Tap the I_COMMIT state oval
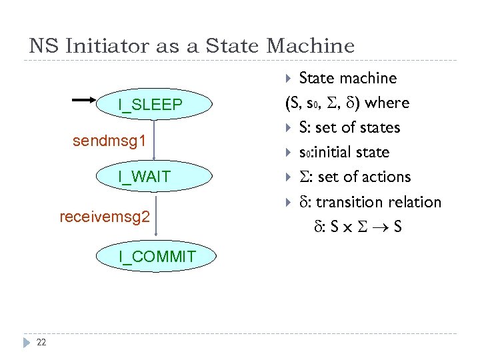pyautogui.click(x=157, y=257)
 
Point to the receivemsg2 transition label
pyautogui.click(x=105, y=217)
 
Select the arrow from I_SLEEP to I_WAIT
pyautogui.click(x=154, y=140)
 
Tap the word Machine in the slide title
pyautogui.click(x=310, y=46)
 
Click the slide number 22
pyautogui.click(x=41, y=343)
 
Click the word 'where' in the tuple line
pyautogui.click(x=387, y=103)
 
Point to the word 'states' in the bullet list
pyautogui.click(x=377, y=127)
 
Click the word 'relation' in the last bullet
pyautogui.click(x=415, y=201)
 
